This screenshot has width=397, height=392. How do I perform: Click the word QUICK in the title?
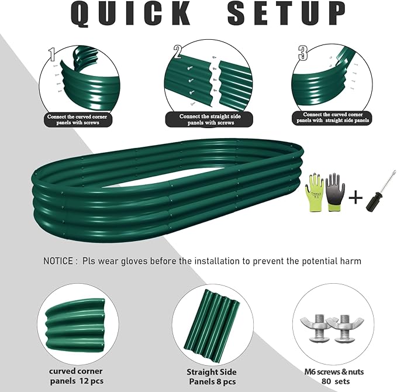pos(133,15)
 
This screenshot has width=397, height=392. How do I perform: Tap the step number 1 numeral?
pos(52,56)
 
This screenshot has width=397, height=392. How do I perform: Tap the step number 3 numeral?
pos(303,53)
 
